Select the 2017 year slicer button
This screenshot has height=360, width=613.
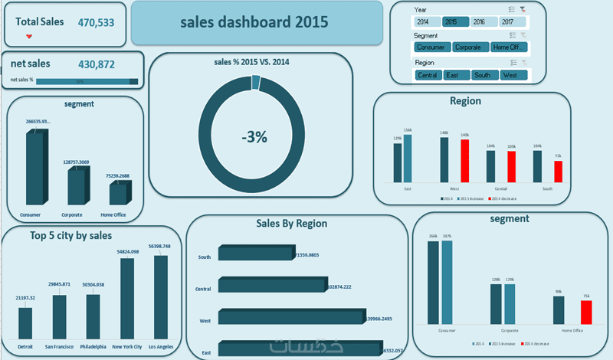pyautogui.click(x=508, y=22)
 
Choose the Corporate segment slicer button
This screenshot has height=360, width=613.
pyautogui.click(x=467, y=47)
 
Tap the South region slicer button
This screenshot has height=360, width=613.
pyautogui.click(x=482, y=75)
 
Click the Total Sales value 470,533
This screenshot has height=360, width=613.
pyautogui.click(x=96, y=23)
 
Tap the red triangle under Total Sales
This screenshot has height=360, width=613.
pyautogui.click(x=29, y=37)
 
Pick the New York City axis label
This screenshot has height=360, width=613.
pyautogui.click(x=126, y=346)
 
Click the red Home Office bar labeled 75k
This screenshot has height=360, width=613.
pyautogui.click(x=586, y=312)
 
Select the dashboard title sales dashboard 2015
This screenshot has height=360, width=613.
pyautogui.click(x=256, y=22)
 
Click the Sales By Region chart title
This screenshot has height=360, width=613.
pyautogui.click(x=291, y=224)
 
